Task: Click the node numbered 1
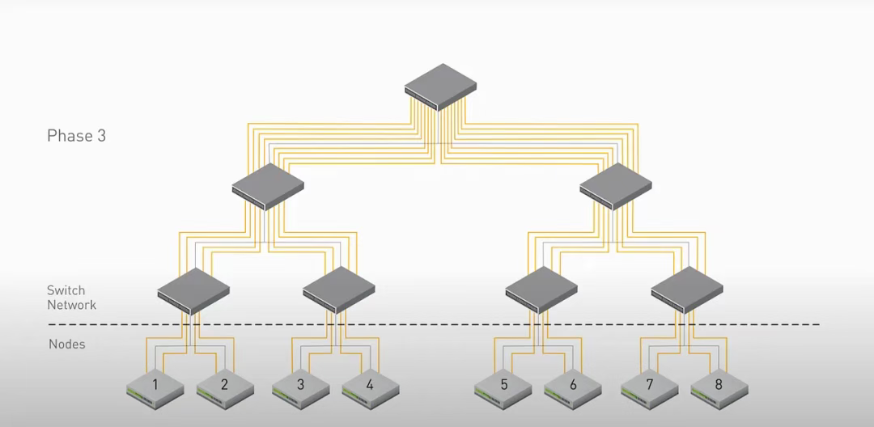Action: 155,389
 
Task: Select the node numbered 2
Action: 225,389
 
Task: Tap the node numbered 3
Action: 301,389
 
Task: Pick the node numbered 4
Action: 371,389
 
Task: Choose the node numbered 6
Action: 573,389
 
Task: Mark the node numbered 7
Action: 650,389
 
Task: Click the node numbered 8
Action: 719,389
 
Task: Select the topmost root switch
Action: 441,87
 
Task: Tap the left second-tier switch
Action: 268,187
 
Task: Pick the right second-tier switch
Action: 616,186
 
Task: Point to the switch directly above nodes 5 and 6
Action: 541,290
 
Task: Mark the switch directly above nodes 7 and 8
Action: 687,290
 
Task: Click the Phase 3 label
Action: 76,136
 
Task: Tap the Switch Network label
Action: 71,298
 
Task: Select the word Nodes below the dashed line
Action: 67,344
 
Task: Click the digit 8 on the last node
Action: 719,384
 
